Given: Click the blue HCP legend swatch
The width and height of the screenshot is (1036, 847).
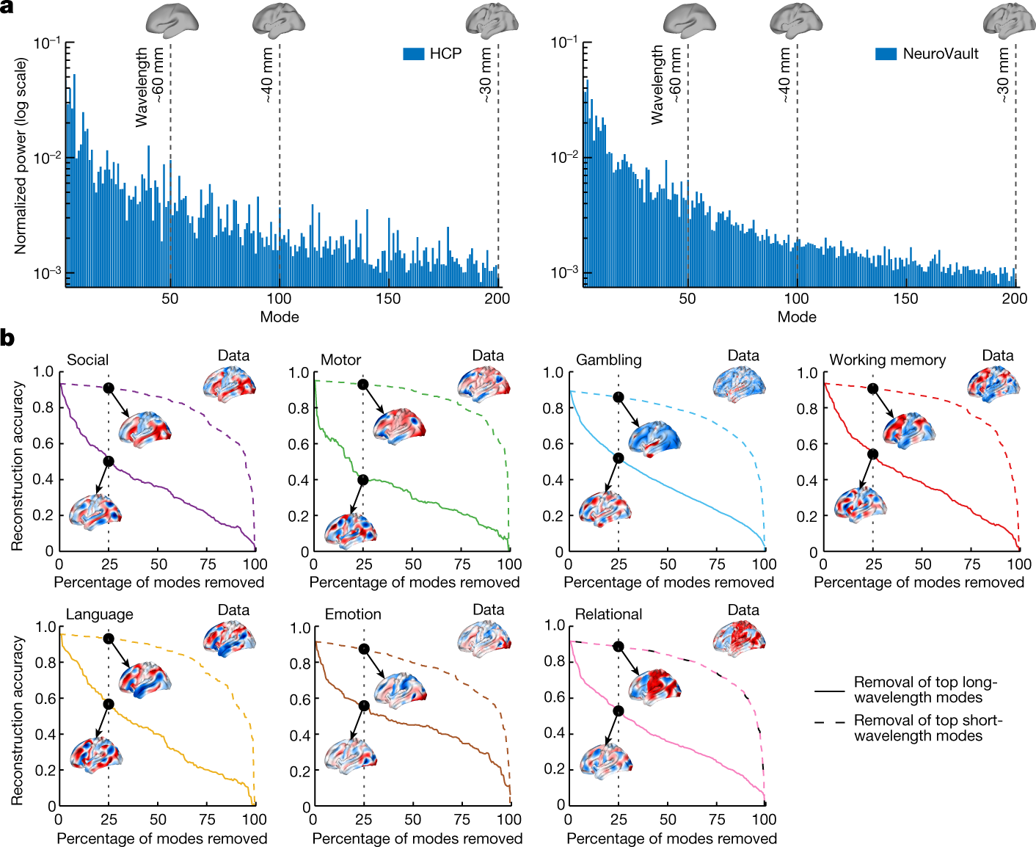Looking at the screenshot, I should point(414,54).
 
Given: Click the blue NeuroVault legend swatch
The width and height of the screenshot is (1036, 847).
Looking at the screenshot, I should point(886,54).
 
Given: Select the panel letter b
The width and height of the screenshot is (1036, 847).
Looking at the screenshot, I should point(7,338).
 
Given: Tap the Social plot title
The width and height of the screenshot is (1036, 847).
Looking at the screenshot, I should point(87,360).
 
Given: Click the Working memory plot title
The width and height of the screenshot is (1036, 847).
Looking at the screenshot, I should point(887,360).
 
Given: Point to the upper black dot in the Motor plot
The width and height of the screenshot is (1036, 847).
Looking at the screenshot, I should point(362,385).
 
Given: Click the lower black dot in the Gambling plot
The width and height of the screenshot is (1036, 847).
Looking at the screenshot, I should point(618,458).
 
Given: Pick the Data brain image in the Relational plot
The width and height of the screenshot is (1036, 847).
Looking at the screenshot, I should point(739,638).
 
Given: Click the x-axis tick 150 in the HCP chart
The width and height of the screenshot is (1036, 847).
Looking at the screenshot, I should point(388,299).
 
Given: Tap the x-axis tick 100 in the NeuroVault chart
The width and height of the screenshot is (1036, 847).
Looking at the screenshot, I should point(796,299).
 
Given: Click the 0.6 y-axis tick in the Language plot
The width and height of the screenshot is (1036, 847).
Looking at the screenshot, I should point(46,698).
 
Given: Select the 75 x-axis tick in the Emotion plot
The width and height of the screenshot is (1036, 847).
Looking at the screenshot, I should point(462,819).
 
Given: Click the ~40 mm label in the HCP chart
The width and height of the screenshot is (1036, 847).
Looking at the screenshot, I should point(268,76).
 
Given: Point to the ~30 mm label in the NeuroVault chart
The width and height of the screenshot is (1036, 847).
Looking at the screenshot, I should point(1003,76).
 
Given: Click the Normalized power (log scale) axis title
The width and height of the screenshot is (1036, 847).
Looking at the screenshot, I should point(20,156).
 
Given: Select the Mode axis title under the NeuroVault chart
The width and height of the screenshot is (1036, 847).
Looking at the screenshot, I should point(797,317).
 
